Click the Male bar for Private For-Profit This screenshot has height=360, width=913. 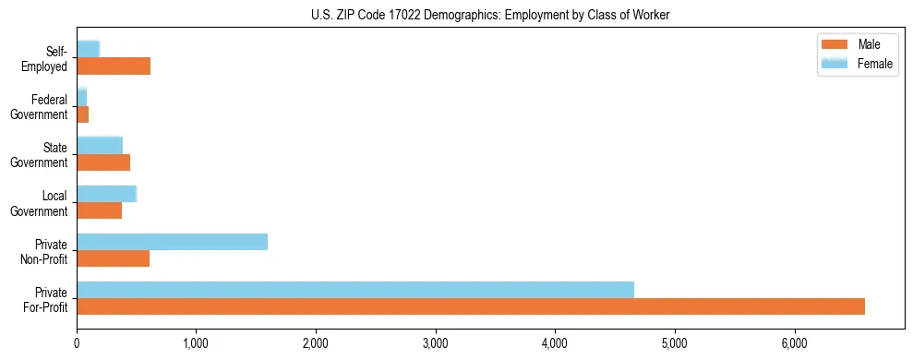point(471,306)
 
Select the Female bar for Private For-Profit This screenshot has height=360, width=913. point(355,290)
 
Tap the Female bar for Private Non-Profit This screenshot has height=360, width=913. point(172,242)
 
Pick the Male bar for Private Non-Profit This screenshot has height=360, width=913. point(113,258)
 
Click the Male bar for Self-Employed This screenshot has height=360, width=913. point(114,66)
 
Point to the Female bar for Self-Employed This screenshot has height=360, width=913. point(88,50)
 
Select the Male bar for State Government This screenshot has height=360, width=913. point(103,162)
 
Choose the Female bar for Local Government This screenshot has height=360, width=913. point(106,194)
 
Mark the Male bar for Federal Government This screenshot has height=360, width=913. point(82,114)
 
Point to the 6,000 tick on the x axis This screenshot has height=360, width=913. point(795,342)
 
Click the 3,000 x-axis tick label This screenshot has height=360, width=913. point(436,342)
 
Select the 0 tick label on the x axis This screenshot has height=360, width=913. point(77,342)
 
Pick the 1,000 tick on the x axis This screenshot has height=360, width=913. point(197,342)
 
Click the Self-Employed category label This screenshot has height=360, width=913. point(48,58)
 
